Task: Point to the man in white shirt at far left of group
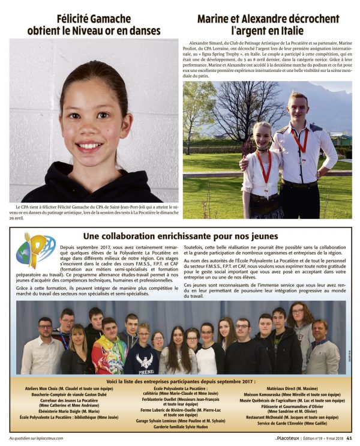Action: click(x=43, y=348)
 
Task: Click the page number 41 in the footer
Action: click(x=349, y=437)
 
